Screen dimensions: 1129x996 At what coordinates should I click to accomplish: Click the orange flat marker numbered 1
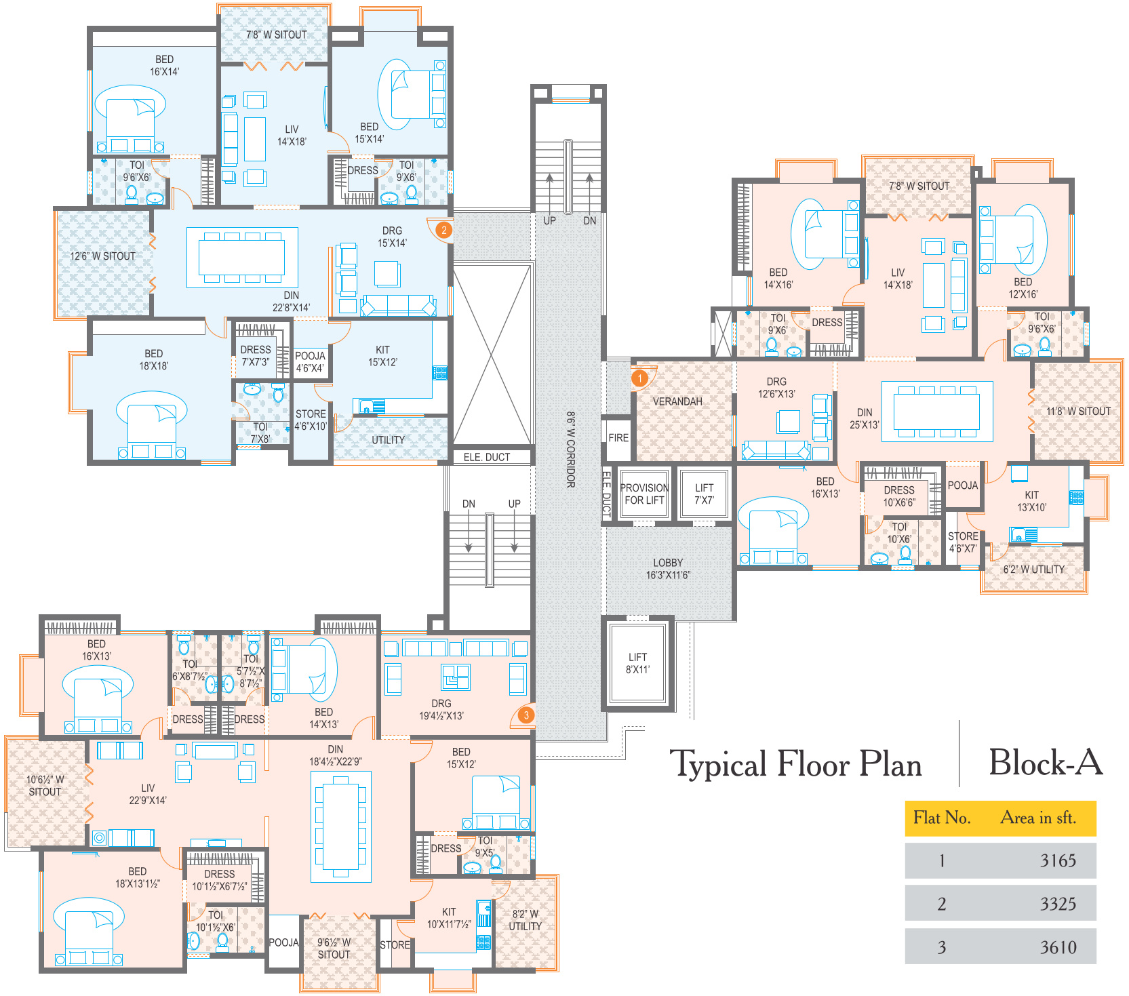coord(639,378)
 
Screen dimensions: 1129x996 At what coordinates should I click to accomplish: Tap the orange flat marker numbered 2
coord(443,230)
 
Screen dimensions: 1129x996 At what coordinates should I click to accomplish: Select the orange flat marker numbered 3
coord(526,715)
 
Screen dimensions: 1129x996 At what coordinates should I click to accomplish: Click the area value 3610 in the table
coord(1058,947)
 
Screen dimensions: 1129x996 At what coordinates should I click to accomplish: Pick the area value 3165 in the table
coord(1058,860)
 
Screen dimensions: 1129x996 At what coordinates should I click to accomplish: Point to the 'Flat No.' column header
coord(942,818)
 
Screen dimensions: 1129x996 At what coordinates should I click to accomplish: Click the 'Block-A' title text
coord(1046,762)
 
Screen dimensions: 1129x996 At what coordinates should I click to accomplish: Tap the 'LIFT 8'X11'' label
coord(637,663)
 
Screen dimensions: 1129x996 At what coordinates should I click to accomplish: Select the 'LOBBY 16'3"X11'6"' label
coord(668,569)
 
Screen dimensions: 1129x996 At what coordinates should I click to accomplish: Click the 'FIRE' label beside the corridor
coord(618,438)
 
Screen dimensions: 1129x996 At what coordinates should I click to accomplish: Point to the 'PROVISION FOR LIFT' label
coord(644,494)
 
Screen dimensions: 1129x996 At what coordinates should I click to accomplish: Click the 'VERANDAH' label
coord(677,401)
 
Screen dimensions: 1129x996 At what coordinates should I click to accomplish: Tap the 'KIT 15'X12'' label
coord(382,356)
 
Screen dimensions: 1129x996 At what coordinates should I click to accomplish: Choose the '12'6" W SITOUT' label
coord(103,256)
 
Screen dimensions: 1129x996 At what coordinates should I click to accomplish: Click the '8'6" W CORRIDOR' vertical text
coord(571,449)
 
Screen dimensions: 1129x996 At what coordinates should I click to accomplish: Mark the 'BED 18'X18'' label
coord(154,359)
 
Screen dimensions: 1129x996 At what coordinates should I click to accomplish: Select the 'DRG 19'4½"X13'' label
coord(441,709)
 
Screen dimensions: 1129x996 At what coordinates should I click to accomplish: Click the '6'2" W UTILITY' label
coord(1034,569)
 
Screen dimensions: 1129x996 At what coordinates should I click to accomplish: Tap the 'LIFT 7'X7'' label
coord(704,494)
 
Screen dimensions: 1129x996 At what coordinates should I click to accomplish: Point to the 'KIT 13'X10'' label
coord(1031,501)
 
